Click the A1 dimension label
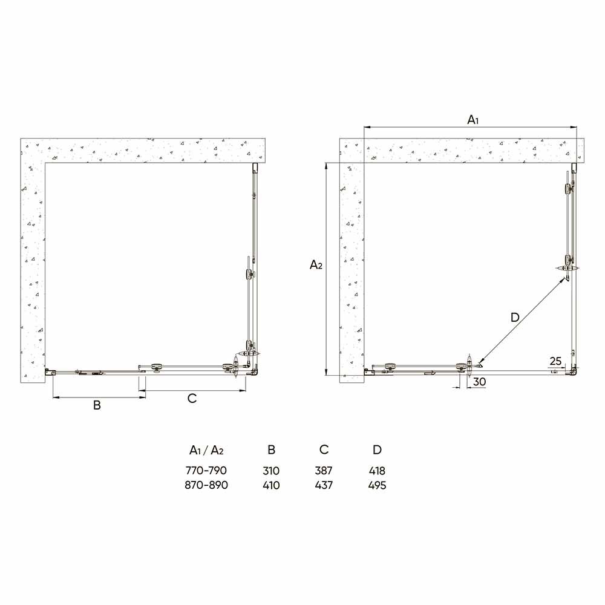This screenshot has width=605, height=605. click(x=473, y=120)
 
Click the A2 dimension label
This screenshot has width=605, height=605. click(x=316, y=265)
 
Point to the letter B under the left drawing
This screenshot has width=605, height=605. click(x=96, y=405)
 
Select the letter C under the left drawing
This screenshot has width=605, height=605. click(x=192, y=398)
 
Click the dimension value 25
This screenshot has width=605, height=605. click(x=555, y=361)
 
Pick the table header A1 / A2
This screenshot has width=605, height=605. click(x=207, y=450)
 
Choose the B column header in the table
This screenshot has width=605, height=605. click(x=272, y=450)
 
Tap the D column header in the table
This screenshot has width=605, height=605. click(x=377, y=450)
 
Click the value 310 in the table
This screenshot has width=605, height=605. click(x=272, y=471)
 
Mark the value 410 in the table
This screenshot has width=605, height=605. click(x=272, y=485)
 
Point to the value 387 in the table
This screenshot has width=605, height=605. click(x=324, y=471)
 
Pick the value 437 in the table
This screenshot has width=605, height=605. click(x=324, y=485)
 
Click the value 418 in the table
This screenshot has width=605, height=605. click(x=377, y=471)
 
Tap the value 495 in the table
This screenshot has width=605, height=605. click(x=377, y=485)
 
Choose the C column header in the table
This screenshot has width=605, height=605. click(x=324, y=450)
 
